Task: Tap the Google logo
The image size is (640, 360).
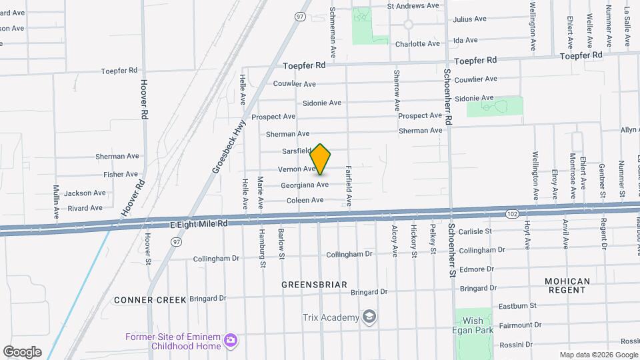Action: click(21, 352)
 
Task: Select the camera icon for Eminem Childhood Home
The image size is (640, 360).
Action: click(231, 341)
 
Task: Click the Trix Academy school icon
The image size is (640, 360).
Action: click(369, 316)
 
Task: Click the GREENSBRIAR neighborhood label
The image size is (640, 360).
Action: click(314, 285)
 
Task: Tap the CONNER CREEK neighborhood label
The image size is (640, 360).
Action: click(150, 300)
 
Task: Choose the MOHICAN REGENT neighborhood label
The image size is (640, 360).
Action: click(567, 286)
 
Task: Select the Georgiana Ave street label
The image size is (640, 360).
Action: click(304, 185)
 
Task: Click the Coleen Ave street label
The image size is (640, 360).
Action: click(305, 200)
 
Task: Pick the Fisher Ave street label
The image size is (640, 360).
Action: click(121, 174)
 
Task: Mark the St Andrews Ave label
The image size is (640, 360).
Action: click(413, 5)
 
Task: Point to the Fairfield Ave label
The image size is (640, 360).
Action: click(348, 185)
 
